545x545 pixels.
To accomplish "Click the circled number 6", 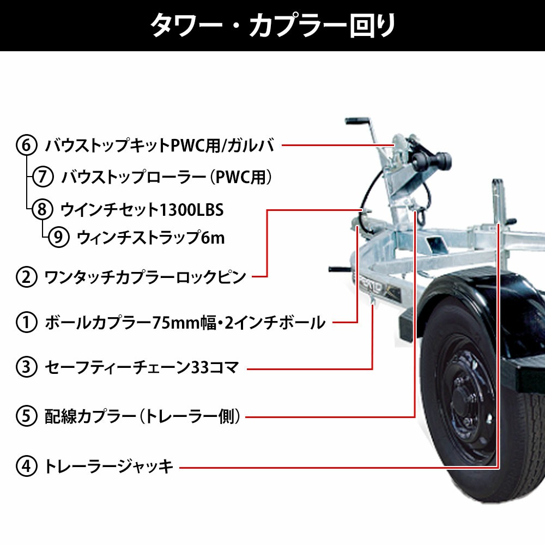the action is point(26,145).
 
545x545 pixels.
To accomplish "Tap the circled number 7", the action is point(43,177).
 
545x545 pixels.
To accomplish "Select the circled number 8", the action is point(42,209).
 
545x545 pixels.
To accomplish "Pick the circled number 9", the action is point(58,237).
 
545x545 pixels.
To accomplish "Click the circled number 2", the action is point(26,277).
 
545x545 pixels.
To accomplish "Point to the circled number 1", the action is point(26,322).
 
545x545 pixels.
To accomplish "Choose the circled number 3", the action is point(26,367).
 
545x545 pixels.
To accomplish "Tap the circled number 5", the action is point(26,416).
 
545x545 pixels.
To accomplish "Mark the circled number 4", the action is point(26,466).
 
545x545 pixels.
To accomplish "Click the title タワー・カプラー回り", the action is point(273,25).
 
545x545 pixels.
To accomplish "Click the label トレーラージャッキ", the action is point(109,466).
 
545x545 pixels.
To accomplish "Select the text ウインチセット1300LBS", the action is point(142,210).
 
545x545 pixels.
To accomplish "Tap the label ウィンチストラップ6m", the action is point(150,238).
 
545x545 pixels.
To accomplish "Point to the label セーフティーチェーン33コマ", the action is point(142,367).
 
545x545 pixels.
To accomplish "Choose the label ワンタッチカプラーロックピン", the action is point(146,277).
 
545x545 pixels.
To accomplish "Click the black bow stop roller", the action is point(432,159).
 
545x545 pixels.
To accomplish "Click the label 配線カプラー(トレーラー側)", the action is point(142,416).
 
